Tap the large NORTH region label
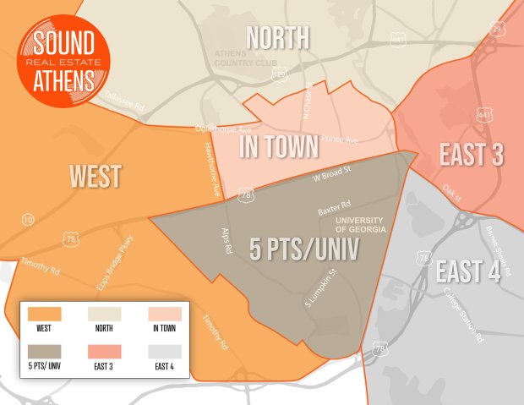pyautogui.click(x=276, y=37)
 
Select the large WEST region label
pyautogui.click(x=95, y=176)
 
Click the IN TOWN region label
pyautogui.click(x=279, y=146)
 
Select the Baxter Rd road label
pyautogui.click(x=334, y=208)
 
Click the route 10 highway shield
pyautogui.click(x=29, y=220)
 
